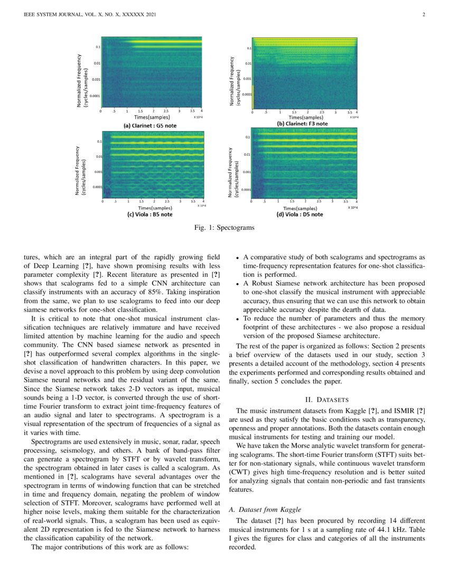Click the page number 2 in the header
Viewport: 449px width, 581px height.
click(x=424, y=14)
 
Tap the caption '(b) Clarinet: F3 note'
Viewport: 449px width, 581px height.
click(x=302, y=124)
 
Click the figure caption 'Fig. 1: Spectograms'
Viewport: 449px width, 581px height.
click(x=224, y=228)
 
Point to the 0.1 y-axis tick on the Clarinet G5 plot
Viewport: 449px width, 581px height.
click(x=98, y=47)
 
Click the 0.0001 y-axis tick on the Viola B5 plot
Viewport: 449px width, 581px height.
click(x=97, y=187)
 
